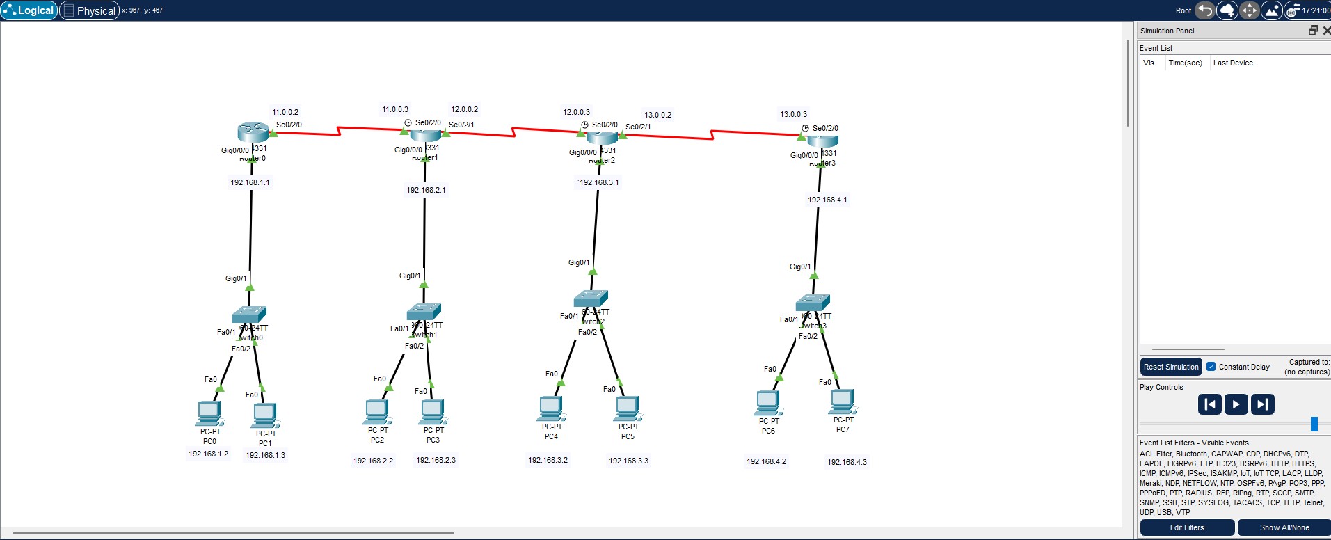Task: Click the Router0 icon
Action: click(252, 132)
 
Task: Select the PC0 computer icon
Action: click(209, 413)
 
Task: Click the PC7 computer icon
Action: click(842, 402)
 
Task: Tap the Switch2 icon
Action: click(591, 299)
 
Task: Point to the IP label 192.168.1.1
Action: click(250, 182)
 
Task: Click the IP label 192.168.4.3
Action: click(847, 462)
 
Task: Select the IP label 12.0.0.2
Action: click(464, 109)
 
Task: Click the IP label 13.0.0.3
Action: click(793, 114)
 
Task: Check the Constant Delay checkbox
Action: click(1211, 367)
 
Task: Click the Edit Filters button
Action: click(1186, 527)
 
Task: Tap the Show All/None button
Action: click(1284, 527)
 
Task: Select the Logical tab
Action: click(29, 10)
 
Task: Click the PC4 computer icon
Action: click(550, 408)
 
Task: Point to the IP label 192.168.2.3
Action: click(436, 460)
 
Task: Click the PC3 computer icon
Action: click(432, 411)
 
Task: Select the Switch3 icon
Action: click(813, 303)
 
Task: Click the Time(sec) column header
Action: click(1185, 63)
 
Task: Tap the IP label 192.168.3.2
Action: click(548, 460)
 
